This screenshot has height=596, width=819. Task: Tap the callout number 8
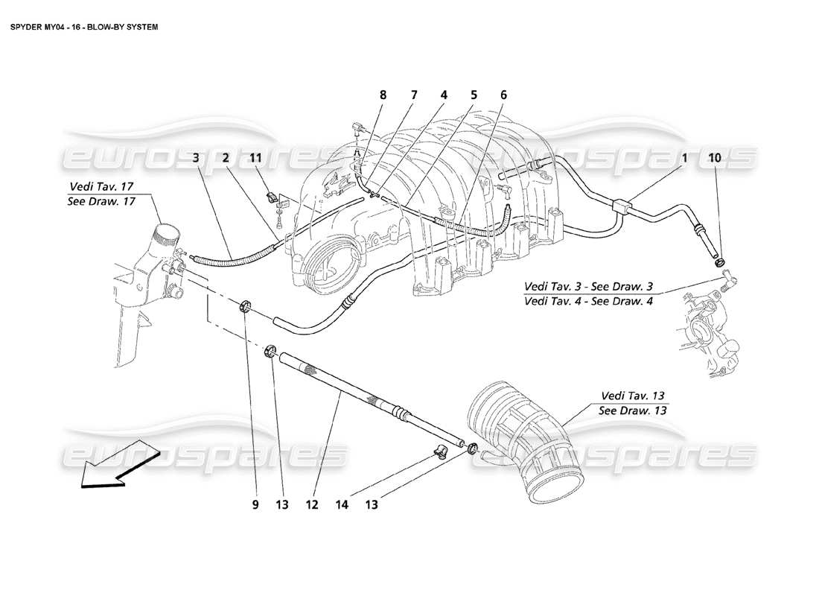coord(383,95)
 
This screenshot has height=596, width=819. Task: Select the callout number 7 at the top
coord(414,95)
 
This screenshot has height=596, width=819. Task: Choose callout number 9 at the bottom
coord(255,504)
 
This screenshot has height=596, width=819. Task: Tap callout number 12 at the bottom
coord(311,504)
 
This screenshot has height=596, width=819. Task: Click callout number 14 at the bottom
coord(341,504)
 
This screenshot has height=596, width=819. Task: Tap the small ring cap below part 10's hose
coord(720,261)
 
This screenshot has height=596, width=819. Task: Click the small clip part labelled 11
coord(273,199)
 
